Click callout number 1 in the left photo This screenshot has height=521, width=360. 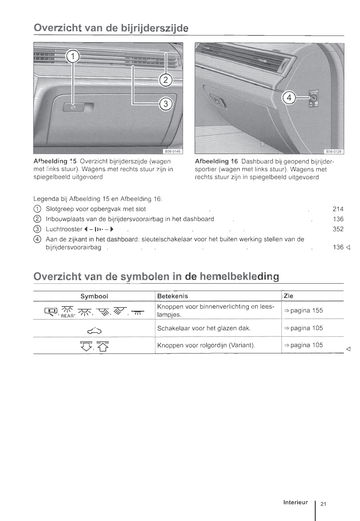tap(73, 57)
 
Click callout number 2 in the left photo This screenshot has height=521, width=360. tap(166, 80)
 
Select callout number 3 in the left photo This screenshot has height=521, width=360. tap(166, 104)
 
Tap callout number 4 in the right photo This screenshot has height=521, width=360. tap(289, 97)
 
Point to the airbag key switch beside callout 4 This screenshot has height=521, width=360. tap(313, 98)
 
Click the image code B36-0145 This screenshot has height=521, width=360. tap(173, 152)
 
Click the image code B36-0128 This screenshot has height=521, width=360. tap(334, 152)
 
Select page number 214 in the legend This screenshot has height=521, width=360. tap(338, 209)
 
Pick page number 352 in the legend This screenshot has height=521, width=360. tap(338, 229)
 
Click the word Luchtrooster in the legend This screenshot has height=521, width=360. tap(64, 229)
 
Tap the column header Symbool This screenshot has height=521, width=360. tap(94, 296)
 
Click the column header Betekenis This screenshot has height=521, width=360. tap(172, 296)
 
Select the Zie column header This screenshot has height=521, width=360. tap(288, 296)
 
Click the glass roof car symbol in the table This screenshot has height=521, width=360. tap(95, 330)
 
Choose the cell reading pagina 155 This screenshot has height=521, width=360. tap(303, 310)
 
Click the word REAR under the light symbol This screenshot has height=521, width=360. tap(67, 316)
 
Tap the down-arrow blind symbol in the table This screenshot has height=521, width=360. tap(86, 346)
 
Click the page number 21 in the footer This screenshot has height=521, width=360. tap(323, 504)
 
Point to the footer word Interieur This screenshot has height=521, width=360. tap(295, 502)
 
